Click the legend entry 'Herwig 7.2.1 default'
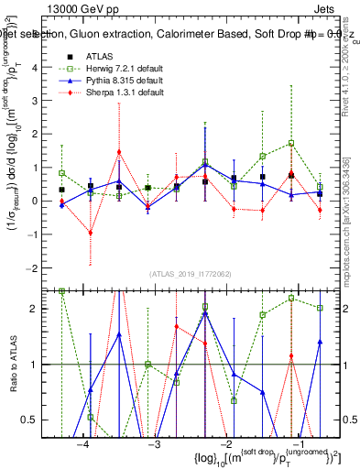120,69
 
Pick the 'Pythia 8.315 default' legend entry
119,81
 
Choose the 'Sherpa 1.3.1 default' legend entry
119,93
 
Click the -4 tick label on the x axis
83,444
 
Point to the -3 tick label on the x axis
154,444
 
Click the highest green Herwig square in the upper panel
291,143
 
